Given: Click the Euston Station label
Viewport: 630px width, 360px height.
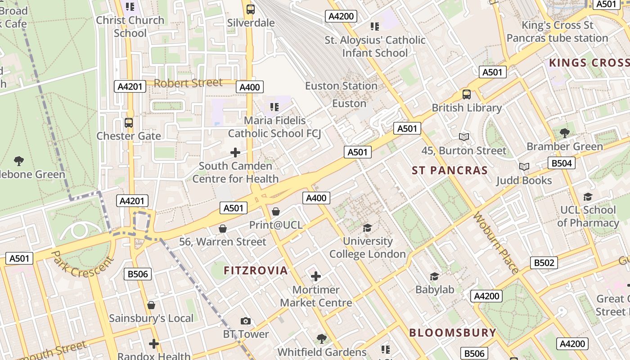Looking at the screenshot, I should click(341, 85).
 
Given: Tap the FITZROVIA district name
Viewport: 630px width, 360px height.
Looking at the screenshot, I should click(256, 270).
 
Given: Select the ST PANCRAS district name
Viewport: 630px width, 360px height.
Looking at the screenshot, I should click(450, 171).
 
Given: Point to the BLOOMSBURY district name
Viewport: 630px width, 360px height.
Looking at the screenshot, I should click(452, 333).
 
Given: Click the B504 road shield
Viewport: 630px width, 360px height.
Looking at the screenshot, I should click(561, 163).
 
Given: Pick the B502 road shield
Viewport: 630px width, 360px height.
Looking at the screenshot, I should click(544, 263).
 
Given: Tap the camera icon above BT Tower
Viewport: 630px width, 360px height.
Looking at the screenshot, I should click(245, 321).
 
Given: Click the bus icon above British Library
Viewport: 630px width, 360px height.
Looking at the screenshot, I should click(467, 94).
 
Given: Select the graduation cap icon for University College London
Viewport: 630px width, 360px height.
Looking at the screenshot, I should click(367, 228).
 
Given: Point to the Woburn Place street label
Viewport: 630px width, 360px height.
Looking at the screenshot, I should click(496, 242).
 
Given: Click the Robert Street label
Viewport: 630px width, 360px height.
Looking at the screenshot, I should click(188, 83).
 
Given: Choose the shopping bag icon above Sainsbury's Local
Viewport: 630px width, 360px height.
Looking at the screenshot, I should click(151, 305).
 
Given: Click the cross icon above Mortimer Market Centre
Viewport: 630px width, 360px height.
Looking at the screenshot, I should click(316, 276).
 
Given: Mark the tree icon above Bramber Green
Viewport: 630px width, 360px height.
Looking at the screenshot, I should click(564, 133).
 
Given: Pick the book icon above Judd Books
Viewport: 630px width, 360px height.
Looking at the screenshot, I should click(524, 167).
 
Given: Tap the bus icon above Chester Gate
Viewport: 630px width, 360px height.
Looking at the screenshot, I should click(129, 122).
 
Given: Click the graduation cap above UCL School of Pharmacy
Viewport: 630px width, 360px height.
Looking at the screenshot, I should click(588, 197).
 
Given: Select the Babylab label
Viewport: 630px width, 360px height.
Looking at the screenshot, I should click(435, 289).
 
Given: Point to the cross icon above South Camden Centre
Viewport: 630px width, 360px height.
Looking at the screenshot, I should click(235, 153).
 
